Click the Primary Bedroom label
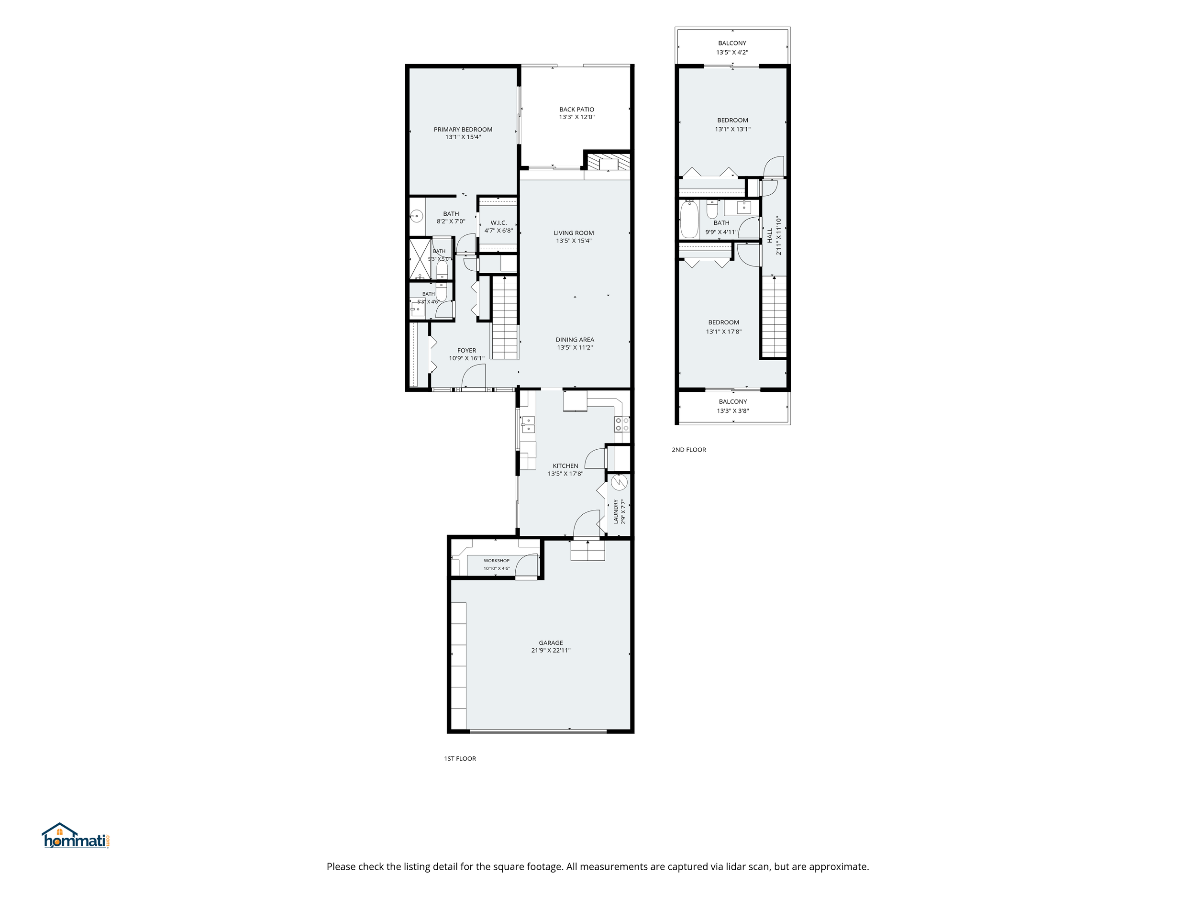tap(463, 129)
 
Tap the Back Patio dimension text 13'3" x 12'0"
tap(576, 117)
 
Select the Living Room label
tap(574, 233)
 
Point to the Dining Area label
tap(575, 340)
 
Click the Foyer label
tap(466, 350)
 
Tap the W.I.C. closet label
tap(498, 223)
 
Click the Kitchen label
tap(565, 465)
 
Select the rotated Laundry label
tap(615, 511)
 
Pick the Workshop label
tap(497, 561)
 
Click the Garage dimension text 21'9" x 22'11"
tap(551, 651)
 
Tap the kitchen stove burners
tap(622, 424)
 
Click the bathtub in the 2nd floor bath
tap(689, 220)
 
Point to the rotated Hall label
tap(769, 235)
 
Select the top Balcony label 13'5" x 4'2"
tap(732, 47)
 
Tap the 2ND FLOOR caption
tap(689, 449)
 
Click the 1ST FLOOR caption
tap(460, 759)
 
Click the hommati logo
tap(76, 836)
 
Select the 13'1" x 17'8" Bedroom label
tap(723, 327)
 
